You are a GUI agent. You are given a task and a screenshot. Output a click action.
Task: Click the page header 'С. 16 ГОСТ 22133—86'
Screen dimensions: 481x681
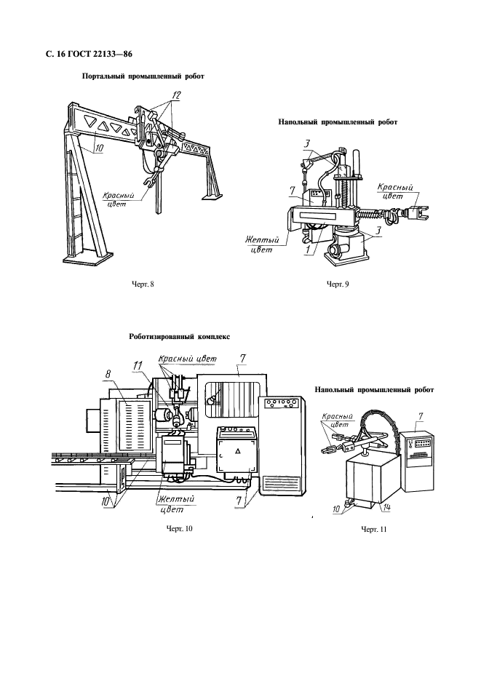(89, 55)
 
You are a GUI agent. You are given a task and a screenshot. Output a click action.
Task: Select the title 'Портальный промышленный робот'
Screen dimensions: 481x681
(143, 76)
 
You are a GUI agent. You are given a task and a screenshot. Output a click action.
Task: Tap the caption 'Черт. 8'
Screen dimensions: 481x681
(143, 284)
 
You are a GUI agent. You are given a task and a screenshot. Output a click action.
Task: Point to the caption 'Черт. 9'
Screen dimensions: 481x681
(338, 284)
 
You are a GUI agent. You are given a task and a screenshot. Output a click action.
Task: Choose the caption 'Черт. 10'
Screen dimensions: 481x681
(179, 528)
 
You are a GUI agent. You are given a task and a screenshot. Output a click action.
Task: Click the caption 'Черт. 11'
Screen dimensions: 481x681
(374, 530)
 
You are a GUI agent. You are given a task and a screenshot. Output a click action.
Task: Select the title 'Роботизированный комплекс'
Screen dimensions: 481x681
(180, 337)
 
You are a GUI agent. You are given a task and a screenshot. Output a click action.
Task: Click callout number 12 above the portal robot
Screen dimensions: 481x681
(176, 95)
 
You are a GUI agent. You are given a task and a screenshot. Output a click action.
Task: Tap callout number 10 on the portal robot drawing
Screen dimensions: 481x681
(99, 148)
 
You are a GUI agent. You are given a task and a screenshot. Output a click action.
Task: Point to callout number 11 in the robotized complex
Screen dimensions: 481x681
(138, 367)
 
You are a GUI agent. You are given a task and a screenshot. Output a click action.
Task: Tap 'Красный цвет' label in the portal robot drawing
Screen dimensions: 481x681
(118, 199)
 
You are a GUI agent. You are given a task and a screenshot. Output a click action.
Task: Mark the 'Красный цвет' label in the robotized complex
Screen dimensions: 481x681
(187, 359)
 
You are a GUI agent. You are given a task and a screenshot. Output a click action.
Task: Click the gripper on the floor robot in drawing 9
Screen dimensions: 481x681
(416, 213)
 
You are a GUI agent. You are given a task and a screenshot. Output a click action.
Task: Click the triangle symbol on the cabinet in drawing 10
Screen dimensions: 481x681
(238, 452)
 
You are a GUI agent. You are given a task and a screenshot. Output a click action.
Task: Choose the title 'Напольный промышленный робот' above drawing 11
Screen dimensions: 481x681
(374, 390)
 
